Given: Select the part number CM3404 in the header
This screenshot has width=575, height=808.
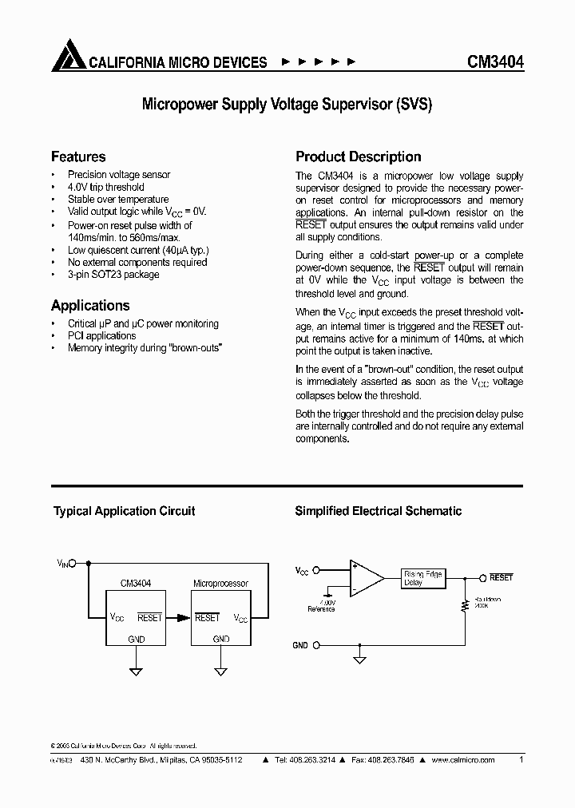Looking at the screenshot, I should point(494,61).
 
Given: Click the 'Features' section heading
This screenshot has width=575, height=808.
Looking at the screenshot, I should point(78,156).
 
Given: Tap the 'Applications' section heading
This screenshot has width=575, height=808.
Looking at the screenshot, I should point(90,305).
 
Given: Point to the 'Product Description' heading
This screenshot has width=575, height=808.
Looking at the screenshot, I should point(359,156).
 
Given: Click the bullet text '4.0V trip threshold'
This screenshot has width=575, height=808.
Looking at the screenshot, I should point(105,187).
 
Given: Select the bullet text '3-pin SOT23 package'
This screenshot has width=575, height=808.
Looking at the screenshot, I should point(113,275).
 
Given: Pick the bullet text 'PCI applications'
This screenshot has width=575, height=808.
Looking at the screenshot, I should point(101,336).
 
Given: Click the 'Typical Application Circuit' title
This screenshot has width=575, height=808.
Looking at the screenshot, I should point(124,511).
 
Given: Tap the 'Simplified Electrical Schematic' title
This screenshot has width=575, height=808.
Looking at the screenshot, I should point(378,511).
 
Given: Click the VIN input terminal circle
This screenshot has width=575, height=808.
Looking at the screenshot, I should point(73,563).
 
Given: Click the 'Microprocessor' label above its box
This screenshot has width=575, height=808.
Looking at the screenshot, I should point(220,584).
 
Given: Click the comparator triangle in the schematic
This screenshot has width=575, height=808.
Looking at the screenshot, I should point(365,577).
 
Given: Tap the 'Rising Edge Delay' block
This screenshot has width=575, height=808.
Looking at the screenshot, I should point(422,578).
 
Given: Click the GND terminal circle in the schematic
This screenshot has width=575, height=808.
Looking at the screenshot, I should point(316,645).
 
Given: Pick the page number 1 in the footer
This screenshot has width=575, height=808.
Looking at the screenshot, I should point(521,760).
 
